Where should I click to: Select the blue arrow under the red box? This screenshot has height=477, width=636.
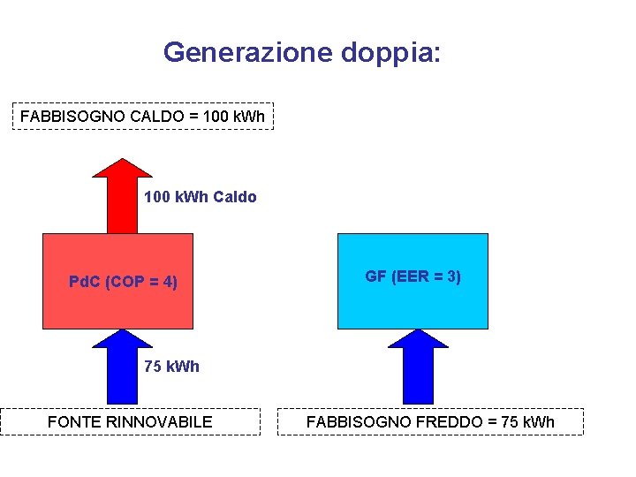(x=122, y=367)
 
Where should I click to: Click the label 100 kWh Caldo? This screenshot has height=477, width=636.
(x=201, y=197)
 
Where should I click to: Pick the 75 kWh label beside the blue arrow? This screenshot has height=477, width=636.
(x=172, y=367)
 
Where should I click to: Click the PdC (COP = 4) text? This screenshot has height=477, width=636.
(x=123, y=283)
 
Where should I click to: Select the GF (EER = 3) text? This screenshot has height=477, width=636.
(x=413, y=277)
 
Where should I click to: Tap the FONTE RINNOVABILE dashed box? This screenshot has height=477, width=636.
(x=130, y=422)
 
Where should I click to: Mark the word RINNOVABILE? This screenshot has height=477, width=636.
(x=159, y=422)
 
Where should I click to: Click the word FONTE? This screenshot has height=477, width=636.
(x=74, y=422)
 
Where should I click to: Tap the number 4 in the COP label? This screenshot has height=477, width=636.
(x=165, y=283)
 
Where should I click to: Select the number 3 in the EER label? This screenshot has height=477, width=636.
(x=450, y=277)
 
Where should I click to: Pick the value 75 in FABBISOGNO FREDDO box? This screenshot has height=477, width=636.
(x=509, y=422)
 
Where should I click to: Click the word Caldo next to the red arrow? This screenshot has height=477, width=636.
(x=234, y=197)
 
